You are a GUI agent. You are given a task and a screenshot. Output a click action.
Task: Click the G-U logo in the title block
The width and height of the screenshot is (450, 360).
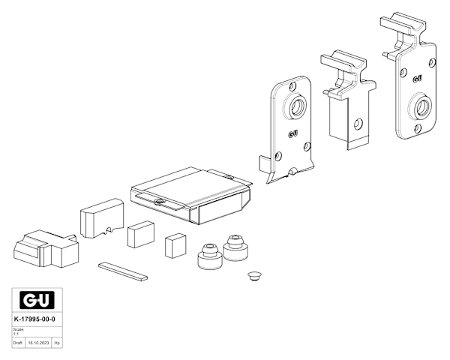37,301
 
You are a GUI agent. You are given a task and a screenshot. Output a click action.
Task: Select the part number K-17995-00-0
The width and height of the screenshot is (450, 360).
35,320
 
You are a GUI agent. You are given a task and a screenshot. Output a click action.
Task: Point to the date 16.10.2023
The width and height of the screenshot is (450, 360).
37,343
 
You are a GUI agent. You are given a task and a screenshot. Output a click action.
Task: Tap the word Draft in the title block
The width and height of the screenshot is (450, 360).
18,343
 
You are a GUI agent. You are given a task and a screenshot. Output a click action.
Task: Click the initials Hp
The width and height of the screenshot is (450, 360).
56,343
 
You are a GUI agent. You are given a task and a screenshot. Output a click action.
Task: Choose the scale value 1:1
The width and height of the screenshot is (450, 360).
16,332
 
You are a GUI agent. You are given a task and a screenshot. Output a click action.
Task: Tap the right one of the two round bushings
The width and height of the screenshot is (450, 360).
236,248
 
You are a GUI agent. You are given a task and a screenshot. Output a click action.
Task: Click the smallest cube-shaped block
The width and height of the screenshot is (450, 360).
176,244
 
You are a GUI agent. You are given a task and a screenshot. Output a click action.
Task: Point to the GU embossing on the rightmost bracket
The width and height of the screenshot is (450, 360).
417,78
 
